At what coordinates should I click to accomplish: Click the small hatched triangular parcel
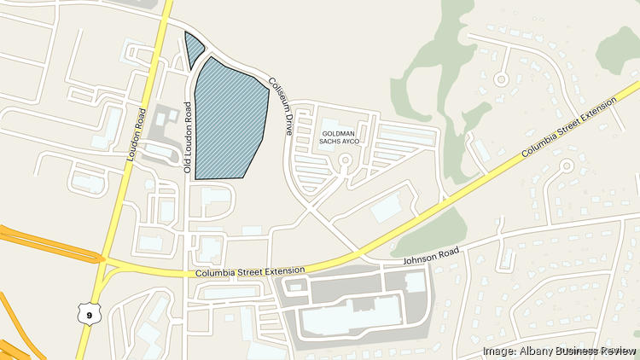195,48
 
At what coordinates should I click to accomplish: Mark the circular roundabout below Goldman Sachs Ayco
346,160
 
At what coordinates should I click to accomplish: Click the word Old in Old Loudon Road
188,167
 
